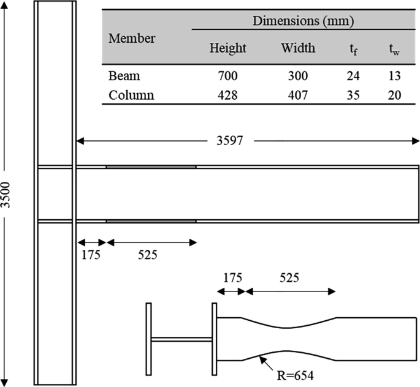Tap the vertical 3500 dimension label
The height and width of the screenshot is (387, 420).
[7, 194]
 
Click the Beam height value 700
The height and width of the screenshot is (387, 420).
[227, 77]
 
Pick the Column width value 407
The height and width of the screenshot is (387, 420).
[297, 96]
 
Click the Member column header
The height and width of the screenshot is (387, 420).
[132, 38]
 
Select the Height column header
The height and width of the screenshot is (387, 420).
[227, 48]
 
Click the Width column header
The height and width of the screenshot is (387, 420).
[298, 48]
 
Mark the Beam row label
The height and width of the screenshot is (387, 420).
[124, 77]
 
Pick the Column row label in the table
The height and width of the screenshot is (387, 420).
[131, 96]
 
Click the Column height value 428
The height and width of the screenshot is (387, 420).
[227, 96]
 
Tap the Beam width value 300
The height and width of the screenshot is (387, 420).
[297, 77]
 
